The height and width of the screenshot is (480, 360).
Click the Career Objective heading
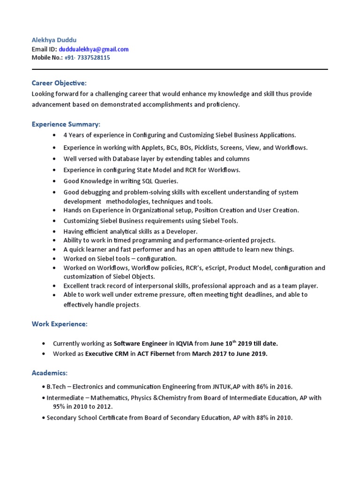click(59, 83)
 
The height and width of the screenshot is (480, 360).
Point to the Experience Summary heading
click(66, 124)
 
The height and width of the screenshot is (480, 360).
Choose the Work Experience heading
click(59, 324)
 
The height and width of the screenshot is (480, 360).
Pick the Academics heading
click(50, 373)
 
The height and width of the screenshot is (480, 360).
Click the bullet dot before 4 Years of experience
click(55, 135)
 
